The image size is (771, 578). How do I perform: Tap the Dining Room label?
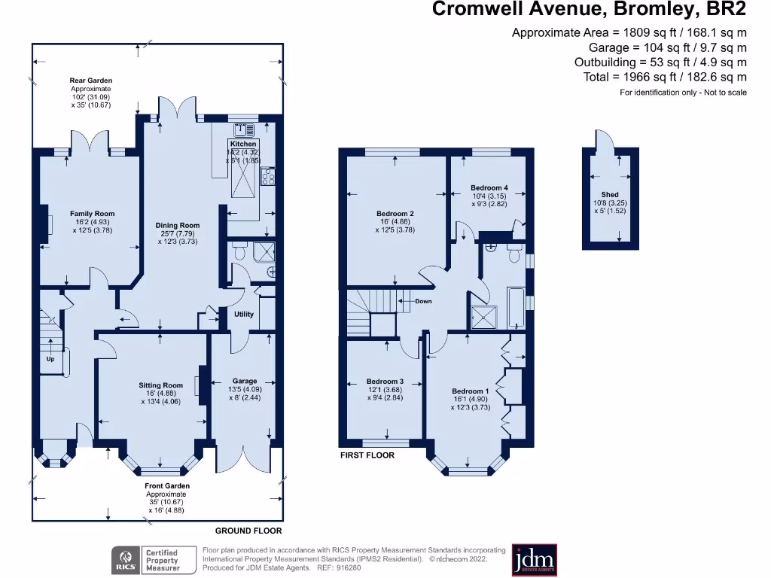click(x=178, y=225)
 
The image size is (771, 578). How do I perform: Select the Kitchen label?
click(x=243, y=144)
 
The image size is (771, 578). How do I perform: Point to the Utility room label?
click(x=244, y=315)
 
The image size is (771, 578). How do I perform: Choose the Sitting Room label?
click(x=161, y=385)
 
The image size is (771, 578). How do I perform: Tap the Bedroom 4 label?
click(x=489, y=187)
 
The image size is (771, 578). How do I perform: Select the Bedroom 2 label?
click(x=395, y=214)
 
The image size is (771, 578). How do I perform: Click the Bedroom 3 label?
click(x=385, y=382)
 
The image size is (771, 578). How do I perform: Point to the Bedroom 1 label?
click(x=471, y=391)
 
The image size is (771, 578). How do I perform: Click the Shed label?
click(x=610, y=195)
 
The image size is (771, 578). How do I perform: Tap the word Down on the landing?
click(x=423, y=301)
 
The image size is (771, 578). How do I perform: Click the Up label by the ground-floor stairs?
click(x=51, y=358)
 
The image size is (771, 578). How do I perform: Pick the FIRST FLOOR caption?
click(x=367, y=455)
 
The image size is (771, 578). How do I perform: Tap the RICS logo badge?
click(x=123, y=561)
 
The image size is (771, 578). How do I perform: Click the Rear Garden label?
click(x=90, y=81)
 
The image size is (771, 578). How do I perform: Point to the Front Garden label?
click(x=167, y=486)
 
